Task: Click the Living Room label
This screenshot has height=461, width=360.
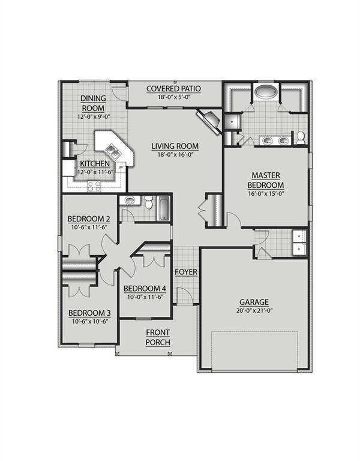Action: (x=175, y=146)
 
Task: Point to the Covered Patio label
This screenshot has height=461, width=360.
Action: (x=174, y=89)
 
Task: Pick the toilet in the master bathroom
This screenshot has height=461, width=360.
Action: (x=300, y=139)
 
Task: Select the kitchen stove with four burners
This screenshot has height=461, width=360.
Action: (x=94, y=186)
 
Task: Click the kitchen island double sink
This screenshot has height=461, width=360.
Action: (x=110, y=147)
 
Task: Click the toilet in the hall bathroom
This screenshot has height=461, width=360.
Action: (x=148, y=203)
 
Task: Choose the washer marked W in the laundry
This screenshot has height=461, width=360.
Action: (x=299, y=237)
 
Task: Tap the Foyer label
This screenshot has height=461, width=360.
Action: (x=185, y=273)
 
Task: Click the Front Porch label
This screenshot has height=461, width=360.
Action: (x=158, y=337)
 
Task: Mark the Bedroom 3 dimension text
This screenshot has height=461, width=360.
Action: (x=89, y=321)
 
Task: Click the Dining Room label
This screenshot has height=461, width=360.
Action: (x=94, y=103)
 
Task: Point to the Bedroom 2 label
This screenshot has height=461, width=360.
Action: (x=89, y=218)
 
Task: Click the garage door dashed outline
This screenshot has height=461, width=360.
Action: (x=254, y=351)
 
